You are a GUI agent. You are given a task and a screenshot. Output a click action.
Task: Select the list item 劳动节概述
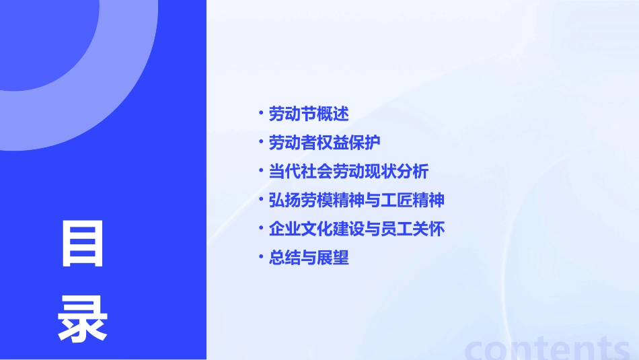[x=309, y=114]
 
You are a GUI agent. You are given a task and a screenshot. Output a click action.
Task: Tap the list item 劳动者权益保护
[x=325, y=143]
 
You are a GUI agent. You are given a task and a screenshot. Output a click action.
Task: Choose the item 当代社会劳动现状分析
[x=348, y=172]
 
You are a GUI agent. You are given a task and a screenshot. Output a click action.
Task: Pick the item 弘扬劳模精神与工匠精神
[x=356, y=201]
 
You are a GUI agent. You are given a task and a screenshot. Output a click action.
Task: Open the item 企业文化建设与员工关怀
[x=356, y=229]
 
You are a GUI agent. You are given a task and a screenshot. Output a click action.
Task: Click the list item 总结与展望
[x=309, y=258]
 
